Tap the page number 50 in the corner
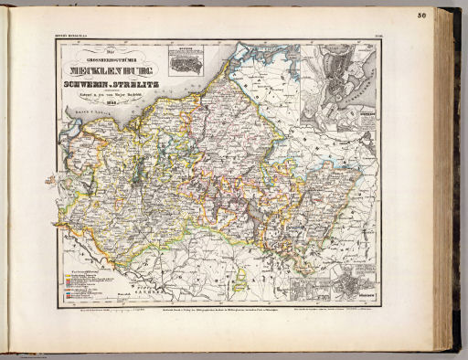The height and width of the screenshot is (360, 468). [446, 14]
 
